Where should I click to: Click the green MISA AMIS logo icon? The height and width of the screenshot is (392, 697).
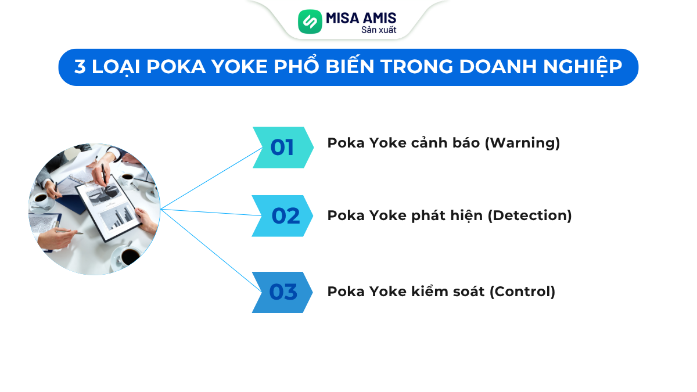coord(310,21)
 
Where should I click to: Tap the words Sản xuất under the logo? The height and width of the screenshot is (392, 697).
coord(379,30)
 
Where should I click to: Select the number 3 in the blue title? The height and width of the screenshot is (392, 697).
coord(80,67)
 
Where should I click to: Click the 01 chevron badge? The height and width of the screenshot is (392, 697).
coord(282,148)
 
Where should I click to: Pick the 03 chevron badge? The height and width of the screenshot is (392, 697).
coord(282,292)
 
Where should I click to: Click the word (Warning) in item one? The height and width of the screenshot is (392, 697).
coord(523,143)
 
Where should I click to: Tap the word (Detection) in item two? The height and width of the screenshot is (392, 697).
coord(529,215)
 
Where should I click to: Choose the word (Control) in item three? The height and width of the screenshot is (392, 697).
coord(522,291)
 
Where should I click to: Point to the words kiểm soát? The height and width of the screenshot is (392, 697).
coord(457,291)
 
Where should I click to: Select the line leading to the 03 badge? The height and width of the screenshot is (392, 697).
coord(209,250)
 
